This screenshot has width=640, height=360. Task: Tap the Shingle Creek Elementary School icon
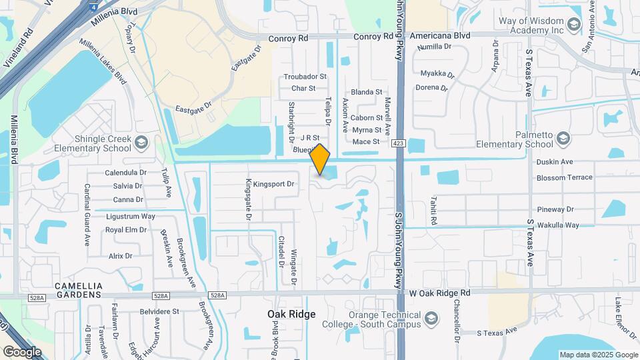[141, 142]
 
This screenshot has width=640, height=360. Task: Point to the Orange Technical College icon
[431, 317]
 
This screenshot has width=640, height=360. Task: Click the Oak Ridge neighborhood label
[291, 313]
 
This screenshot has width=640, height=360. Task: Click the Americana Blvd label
[440, 35]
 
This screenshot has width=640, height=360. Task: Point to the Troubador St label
[305, 77]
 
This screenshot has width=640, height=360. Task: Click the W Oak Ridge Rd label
[440, 293]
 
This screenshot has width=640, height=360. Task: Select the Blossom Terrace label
[564, 178]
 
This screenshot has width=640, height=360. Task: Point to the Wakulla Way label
[558, 225]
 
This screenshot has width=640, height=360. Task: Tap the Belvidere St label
[159, 311]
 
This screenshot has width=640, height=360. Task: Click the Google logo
[22, 351]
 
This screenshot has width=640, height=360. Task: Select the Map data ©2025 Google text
[597, 355]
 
